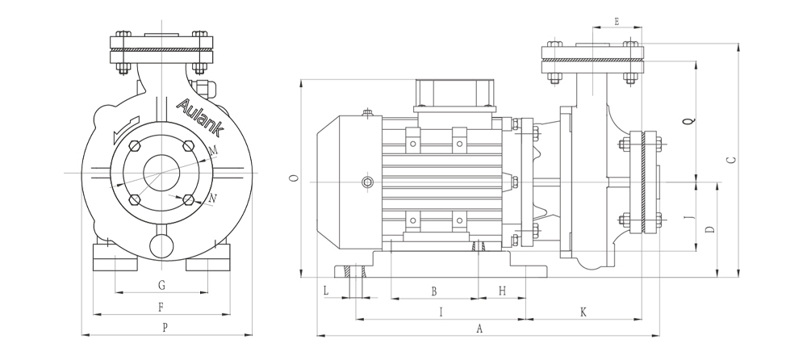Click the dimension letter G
[x=161, y=285]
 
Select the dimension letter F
[x=161, y=307]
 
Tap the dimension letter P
[x=165, y=328]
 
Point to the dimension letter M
[x=213, y=151]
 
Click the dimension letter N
[x=212, y=198]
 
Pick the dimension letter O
[x=294, y=178]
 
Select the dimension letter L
[x=327, y=290]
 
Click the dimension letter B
[x=433, y=291]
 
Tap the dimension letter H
[x=502, y=291]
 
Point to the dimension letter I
[x=440, y=312]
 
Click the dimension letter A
[x=479, y=329]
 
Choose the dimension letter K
[x=583, y=312]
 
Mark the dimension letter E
[x=617, y=22]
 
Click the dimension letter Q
[x=688, y=122]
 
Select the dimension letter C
[x=730, y=160]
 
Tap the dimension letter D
[x=709, y=230]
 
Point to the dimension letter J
[x=688, y=217]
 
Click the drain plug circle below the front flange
[x=161, y=243]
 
